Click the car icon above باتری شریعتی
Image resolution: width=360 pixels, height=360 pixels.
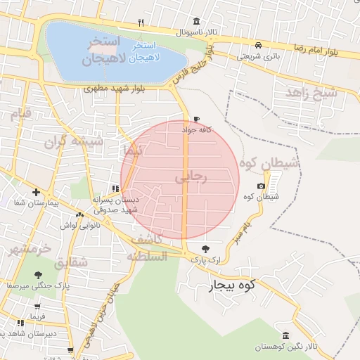click(x=259, y=43)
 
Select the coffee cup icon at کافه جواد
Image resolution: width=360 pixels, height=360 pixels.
click(x=196, y=120)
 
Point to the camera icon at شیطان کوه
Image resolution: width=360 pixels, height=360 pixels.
click(x=261, y=186)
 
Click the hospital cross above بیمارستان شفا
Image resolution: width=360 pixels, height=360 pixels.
click(x=36, y=192)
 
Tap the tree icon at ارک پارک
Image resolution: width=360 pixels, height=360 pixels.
click(x=205, y=249)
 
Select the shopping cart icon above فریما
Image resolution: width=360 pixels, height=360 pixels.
click(x=36, y=307)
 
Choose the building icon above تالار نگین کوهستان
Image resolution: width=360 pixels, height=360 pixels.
click(x=285, y=336)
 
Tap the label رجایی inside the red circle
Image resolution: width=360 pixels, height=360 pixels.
click(x=191, y=179)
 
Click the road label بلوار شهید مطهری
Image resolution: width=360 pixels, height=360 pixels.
click(x=114, y=89)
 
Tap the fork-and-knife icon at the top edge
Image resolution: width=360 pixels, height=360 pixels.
click(x=141, y=22)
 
